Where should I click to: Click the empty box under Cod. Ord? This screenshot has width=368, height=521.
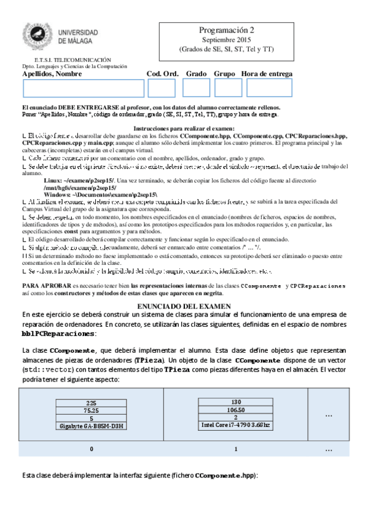coord(162,88)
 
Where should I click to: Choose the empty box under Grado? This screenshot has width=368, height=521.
coord(197,88)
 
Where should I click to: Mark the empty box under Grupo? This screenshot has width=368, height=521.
coord(229,88)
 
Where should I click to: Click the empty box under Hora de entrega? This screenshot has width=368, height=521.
coord(269,88)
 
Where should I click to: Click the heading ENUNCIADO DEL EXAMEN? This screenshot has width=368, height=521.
coord(184,305)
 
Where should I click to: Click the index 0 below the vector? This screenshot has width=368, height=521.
coord(92,449)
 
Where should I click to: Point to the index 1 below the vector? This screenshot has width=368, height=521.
coord(236,449)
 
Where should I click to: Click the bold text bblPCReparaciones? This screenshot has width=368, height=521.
coord(59,333)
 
